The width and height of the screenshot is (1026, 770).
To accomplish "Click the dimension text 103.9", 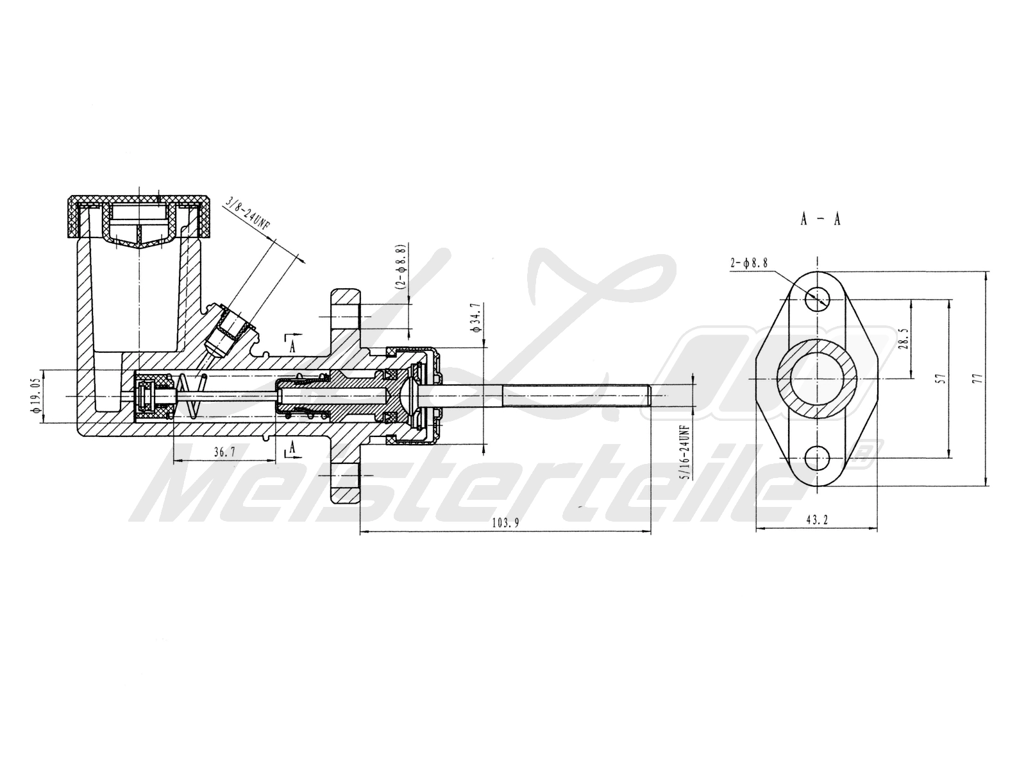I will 505,522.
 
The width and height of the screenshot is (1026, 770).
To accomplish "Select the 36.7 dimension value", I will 224,452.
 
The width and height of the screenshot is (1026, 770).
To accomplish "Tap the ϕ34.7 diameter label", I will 475,317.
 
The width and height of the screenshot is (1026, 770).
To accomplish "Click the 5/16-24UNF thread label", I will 684,452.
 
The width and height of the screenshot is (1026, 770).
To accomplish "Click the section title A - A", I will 820,219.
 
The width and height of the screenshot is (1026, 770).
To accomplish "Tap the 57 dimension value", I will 941,379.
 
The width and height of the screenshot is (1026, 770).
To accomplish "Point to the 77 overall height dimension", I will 977,379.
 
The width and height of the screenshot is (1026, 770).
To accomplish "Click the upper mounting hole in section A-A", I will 818,298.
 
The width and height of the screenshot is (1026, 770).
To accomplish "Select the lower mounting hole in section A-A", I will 818,458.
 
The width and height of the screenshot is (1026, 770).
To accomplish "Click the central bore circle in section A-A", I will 818,379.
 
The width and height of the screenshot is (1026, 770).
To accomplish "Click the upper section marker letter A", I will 293,347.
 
